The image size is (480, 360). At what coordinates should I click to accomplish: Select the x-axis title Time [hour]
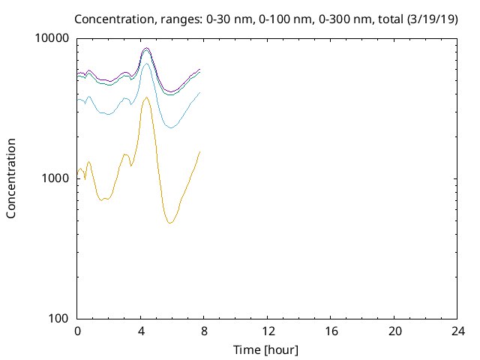click(x=266, y=349)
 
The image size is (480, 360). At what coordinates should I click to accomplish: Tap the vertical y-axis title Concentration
click(x=11, y=178)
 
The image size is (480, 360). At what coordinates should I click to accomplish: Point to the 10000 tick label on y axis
click(x=52, y=38)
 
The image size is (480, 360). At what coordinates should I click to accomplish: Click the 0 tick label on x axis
click(x=77, y=331)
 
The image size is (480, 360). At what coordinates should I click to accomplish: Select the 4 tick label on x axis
click(x=141, y=331)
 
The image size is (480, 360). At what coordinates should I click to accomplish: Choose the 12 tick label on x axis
click(x=268, y=331)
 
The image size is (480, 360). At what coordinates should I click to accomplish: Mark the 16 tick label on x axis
click(x=331, y=331)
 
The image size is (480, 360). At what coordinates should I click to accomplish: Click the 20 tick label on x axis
click(x=394, y=331)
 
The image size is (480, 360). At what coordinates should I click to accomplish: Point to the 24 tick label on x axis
click(x=458, y=331)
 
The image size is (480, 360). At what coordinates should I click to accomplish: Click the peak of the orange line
click(x=146, y=97)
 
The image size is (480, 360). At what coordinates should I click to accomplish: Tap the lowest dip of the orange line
click(x=170, y=223)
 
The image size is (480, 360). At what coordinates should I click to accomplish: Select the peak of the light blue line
click(x=146, y=64)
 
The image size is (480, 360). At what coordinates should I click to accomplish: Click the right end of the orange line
click(x=200, y=151)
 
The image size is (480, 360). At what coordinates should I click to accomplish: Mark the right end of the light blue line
click(x=200, y=92)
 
